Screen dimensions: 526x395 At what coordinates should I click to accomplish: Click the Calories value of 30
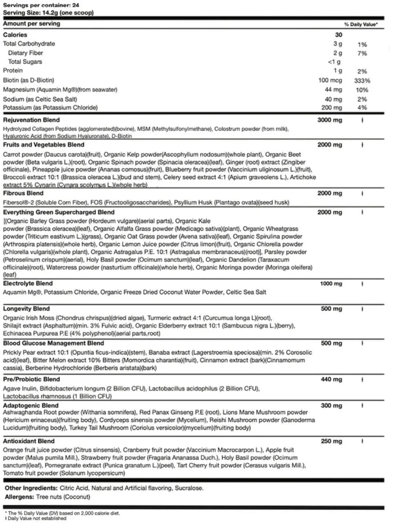point(338,35)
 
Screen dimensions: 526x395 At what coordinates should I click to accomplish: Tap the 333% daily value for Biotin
point(362,81)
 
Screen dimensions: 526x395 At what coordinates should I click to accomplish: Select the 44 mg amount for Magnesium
point(333,90)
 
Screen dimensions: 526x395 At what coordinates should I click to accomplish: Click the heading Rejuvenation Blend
point(31,120)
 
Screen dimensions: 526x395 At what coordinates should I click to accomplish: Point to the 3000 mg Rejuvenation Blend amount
point(330,120)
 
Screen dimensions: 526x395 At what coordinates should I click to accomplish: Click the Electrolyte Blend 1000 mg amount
point(331,283)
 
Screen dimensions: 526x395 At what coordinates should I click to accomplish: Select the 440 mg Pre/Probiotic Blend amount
point(331,379)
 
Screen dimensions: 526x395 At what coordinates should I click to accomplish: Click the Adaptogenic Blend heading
point(31,406)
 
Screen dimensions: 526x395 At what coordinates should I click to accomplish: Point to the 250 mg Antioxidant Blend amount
point(331,441)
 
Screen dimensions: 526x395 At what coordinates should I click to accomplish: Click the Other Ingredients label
point(31,488)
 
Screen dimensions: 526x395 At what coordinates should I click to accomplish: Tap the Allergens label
point(19,497)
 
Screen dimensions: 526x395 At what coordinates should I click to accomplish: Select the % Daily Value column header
point(361,25)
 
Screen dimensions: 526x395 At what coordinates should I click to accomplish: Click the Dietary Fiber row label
point(25,53)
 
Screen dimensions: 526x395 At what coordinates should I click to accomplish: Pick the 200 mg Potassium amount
point(331,108)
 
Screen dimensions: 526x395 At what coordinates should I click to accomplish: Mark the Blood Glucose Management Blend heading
point(53,343)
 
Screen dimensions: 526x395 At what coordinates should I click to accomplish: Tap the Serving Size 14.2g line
point(48,13)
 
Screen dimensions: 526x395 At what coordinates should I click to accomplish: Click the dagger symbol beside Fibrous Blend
point(362,194)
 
